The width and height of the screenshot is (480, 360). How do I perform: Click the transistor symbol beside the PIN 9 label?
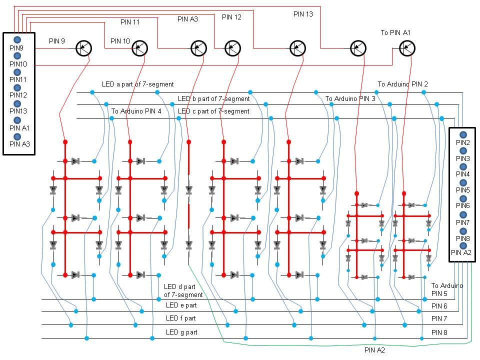coord(84,48)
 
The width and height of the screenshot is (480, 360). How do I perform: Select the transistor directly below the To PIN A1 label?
coord(407,48)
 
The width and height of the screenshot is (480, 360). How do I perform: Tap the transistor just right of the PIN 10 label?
coord(140,48)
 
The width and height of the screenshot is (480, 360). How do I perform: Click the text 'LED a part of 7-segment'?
coord(138,84)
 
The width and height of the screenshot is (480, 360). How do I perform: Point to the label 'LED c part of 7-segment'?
coord(213,111)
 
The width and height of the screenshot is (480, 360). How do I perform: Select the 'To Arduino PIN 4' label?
coord(136,111)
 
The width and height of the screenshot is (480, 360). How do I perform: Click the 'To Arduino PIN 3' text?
coord(350,98)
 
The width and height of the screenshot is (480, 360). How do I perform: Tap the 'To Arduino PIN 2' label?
coord(402,84)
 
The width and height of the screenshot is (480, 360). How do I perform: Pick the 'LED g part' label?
coord(181,332)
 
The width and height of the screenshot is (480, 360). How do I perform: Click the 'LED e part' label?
coord(181,305)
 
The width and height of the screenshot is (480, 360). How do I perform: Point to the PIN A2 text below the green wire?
coord(374,350)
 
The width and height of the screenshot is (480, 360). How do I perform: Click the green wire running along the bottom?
coord(300,345)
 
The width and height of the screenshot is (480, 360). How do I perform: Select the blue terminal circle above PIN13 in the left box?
coord(17,103)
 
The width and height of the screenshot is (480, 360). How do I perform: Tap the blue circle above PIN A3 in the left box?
coord(17,136)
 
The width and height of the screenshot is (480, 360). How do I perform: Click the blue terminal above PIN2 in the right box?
coord(463,135)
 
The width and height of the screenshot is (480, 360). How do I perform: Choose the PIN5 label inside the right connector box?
coord(462,190)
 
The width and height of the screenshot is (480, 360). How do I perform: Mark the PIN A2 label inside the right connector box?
coord(461,252)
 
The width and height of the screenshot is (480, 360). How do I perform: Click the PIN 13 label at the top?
coord(303,14)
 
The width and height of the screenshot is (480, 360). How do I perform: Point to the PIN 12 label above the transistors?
coord(231,17)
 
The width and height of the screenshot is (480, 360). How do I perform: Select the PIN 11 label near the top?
coord(130,22)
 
